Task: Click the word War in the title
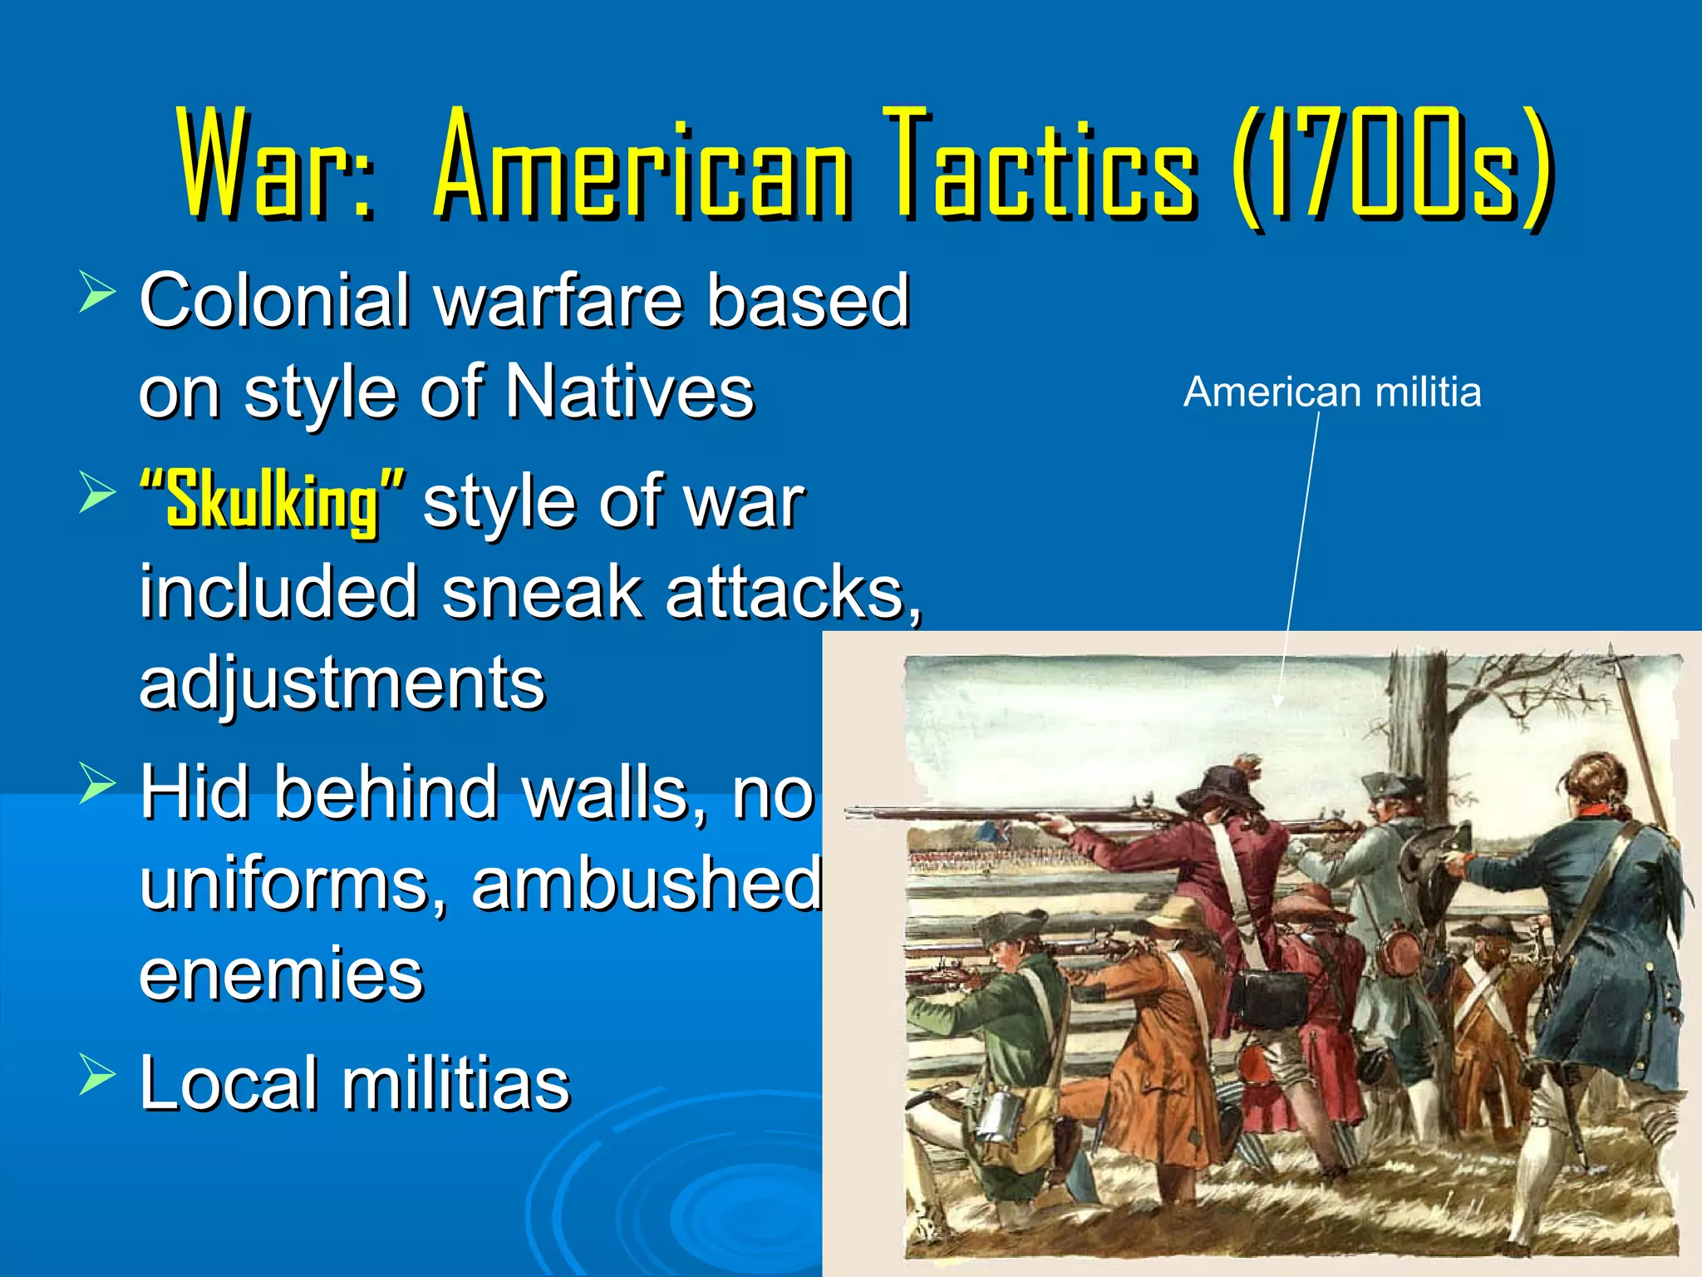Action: point(274,162)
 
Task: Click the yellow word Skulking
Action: point(273,501)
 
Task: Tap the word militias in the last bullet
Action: point(455,1082)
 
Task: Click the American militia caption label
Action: point(1331,392)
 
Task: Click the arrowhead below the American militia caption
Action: point(1278,701)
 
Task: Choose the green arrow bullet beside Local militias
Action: point(97,1074)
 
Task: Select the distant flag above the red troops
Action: point(993,831)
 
